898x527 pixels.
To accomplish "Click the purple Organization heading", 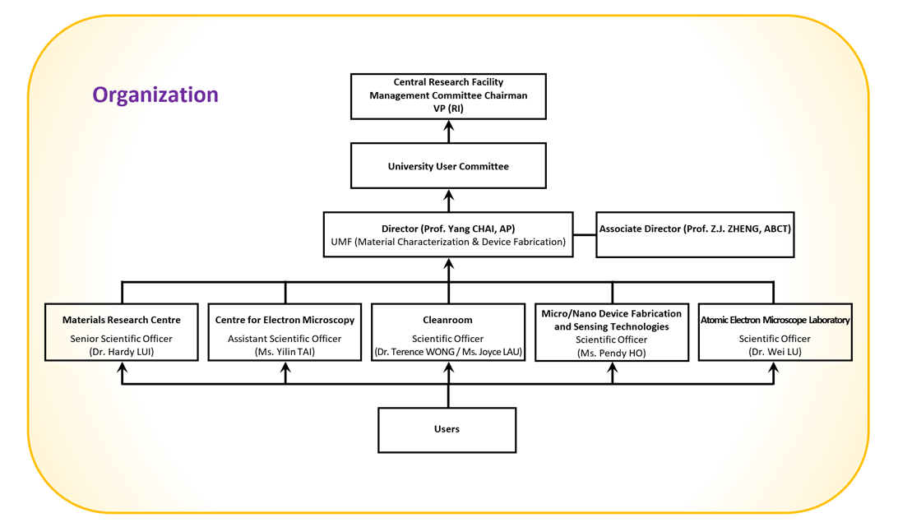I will (x=155, y=95).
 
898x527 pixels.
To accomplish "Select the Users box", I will (x=447, y=429).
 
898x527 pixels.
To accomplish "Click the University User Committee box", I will (x=448, y=166).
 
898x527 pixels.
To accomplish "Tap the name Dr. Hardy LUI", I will (x=122, y=352).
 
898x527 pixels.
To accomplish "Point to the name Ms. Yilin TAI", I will (x=285, y=352).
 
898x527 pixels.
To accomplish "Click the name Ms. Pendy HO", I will (x=611, y=353).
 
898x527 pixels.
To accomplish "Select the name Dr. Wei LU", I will (x=774, y=352).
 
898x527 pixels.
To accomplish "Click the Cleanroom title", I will (x=447, y=320).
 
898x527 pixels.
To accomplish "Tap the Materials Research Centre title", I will (x=122, y=320).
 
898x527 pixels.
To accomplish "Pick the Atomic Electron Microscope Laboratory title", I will (x=775, y=320).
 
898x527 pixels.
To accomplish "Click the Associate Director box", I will (x=695, y=229).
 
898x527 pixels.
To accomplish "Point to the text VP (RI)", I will (x=448, y=108).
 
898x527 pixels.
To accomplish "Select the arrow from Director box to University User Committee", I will (x=448, y=201).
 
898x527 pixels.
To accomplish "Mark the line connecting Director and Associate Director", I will (x=584, y=234).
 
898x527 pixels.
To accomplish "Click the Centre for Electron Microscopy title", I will (x=285, y=320).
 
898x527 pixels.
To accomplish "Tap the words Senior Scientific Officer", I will (x=122, y=339).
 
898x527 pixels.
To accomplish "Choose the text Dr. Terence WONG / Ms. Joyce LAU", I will (x=448, y=352).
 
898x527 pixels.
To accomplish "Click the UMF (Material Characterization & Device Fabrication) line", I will (x=448, y=242).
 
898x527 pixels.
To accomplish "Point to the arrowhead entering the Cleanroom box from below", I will (x=448, y=368).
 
